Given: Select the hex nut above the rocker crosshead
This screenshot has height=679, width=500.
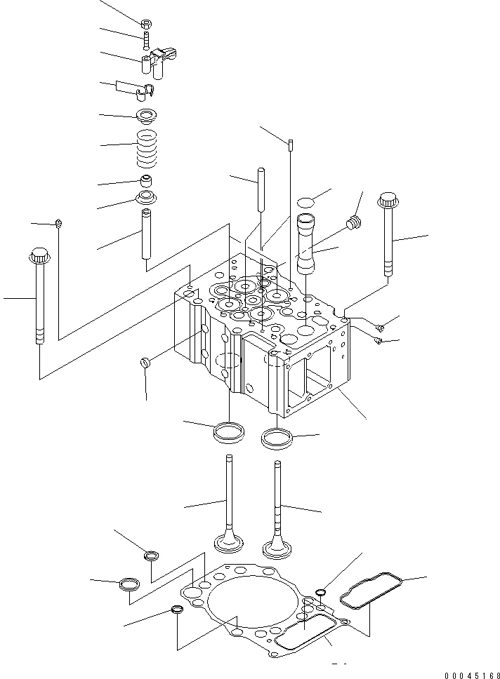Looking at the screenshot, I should tap(145, 24).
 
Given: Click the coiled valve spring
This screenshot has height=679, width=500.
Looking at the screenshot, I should tap(147, 147).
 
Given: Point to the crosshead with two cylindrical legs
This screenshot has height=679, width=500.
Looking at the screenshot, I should tap(157, 60).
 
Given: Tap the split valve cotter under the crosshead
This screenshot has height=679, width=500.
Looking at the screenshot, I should tap(146, 90).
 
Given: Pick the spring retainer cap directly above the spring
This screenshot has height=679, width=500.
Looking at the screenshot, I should tap(146, 114).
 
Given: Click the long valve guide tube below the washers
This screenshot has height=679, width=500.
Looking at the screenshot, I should tap(147, 234).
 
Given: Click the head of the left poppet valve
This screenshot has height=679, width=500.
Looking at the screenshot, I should tap(229, 544).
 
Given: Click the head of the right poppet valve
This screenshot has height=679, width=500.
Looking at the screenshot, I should tap(277, 545).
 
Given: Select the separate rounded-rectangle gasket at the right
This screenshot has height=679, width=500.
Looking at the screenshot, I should tap(370, 588).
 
